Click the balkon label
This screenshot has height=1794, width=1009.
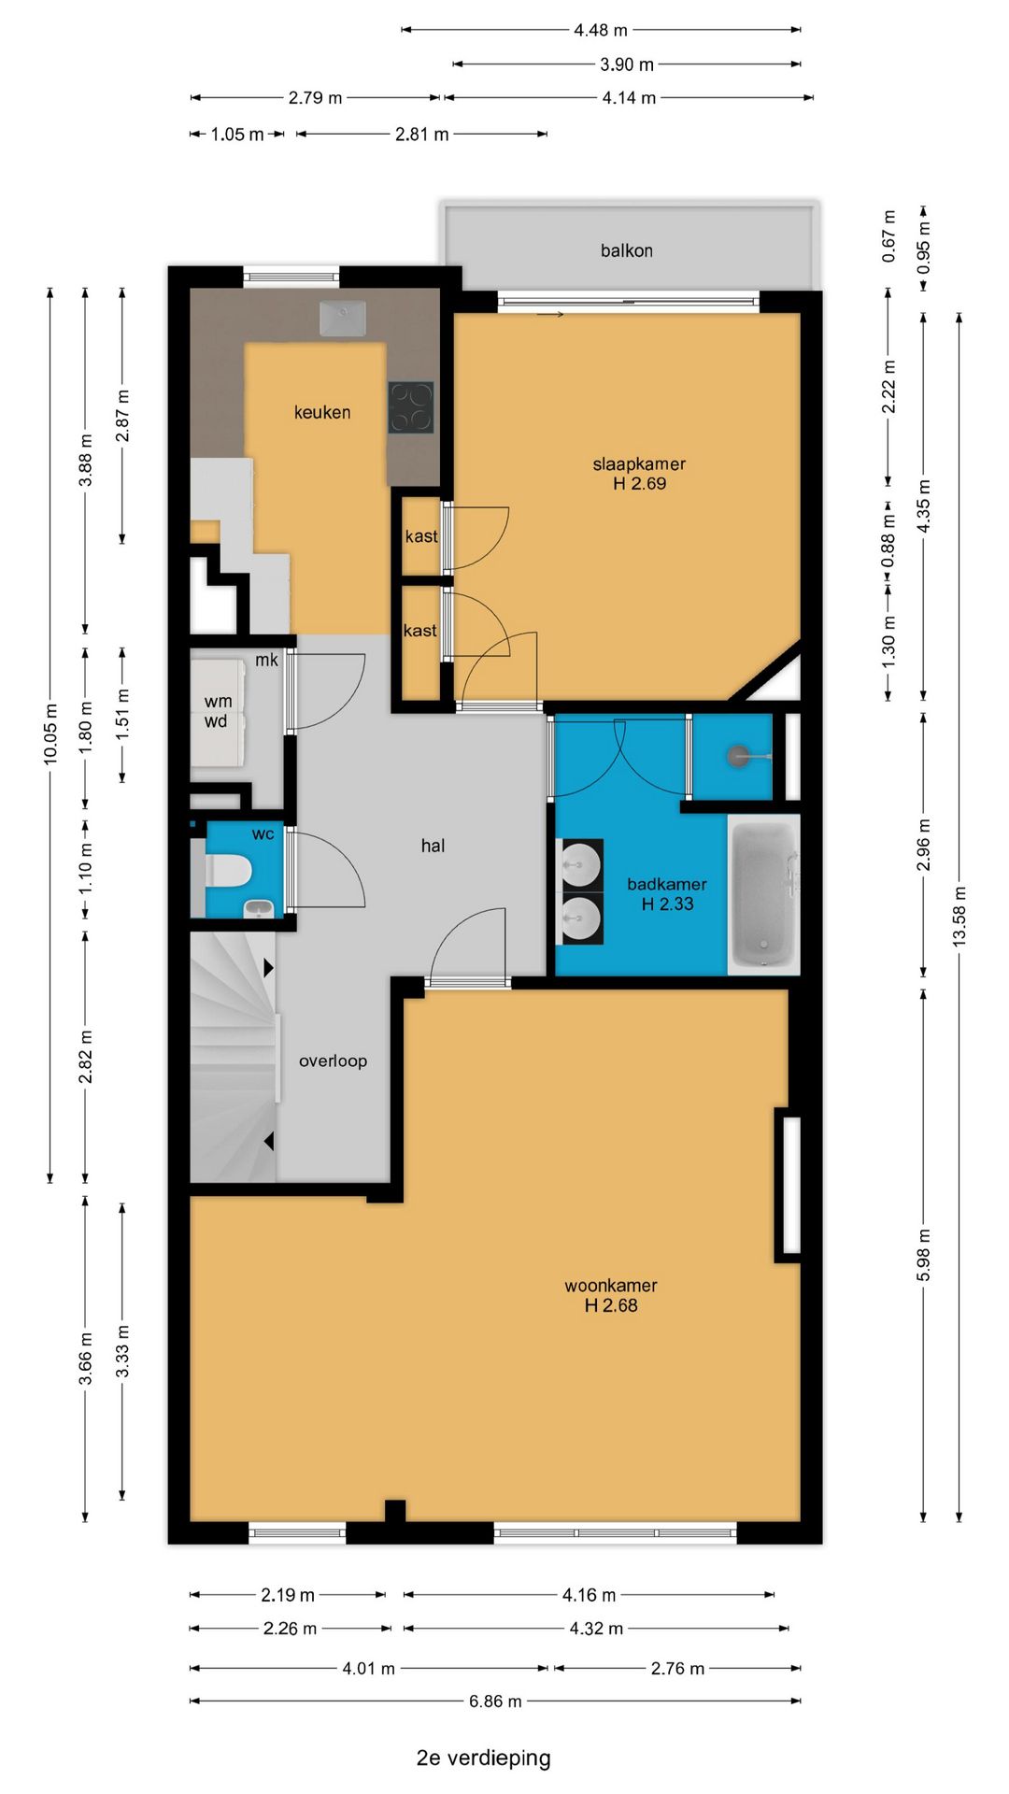coord(626,250)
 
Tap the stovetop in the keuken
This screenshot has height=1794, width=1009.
coord(411,407)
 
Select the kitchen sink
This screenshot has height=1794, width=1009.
coord(343,318)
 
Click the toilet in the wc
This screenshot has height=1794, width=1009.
coord(229,871)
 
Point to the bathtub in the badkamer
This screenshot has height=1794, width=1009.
coord(763,894)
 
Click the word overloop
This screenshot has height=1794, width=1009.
coord(333,1061)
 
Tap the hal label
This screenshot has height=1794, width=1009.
coord(433,846)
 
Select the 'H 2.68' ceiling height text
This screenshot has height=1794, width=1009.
coord(611,1305)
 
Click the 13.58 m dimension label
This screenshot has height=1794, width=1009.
coord(959,917)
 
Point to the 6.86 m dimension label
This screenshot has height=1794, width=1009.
coord(495,1701)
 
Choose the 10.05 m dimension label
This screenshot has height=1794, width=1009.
coord(50,733)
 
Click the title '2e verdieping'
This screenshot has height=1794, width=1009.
coord(483,1758)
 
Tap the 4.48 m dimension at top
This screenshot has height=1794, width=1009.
coord(601,30)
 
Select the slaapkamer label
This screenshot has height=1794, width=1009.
coord(639,463)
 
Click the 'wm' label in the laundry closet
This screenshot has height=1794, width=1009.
coord(218,701)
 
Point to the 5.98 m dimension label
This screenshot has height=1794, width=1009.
coord(923,1255)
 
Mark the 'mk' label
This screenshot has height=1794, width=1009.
coord(266,660)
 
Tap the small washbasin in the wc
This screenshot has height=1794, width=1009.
coord(259,907)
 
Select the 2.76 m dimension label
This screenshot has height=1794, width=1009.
coord(677,1668)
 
